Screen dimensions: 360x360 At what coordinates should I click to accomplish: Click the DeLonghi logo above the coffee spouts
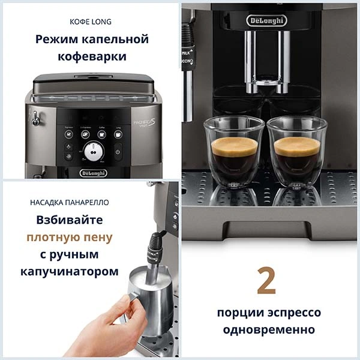(266, 20)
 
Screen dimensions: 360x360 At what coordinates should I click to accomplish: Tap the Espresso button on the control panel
(69, 134)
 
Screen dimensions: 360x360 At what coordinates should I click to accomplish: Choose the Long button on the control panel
(118, 134)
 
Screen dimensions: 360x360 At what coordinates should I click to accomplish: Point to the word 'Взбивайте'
(69, 220)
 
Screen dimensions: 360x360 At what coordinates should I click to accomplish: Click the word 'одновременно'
(268, 330)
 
